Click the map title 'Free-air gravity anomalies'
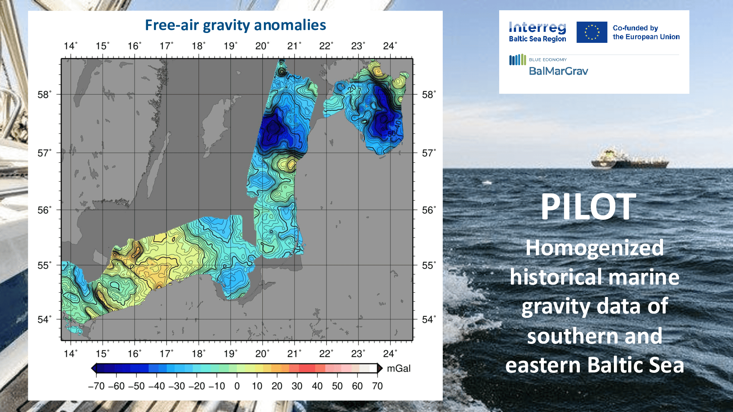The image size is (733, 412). pos(235,25)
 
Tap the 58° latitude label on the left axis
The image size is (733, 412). pos(44,95)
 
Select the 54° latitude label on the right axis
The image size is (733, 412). pos(428,320)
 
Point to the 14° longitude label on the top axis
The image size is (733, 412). pos(70,46)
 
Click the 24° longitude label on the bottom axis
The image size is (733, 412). pos(390,354)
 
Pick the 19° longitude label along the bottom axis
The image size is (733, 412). pos(230,354)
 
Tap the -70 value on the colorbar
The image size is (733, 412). pos(96,386)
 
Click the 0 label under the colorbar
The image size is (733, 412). pos(237,386)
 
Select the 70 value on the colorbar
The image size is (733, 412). pos(377,386)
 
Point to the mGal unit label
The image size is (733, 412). pos(399,368)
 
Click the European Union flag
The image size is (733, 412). pos(592,32)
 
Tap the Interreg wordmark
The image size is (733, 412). pos(537,27)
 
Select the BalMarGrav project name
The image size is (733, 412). pos(558,71)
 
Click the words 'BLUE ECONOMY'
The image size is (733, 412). pos(548,60)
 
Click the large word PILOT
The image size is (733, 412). pos(588,207)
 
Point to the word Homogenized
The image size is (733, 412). pos(594,248)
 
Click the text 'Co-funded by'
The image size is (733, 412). pos(635,28)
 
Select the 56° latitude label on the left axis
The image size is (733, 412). pos(44,210)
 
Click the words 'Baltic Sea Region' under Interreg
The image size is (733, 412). pos(537,39)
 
